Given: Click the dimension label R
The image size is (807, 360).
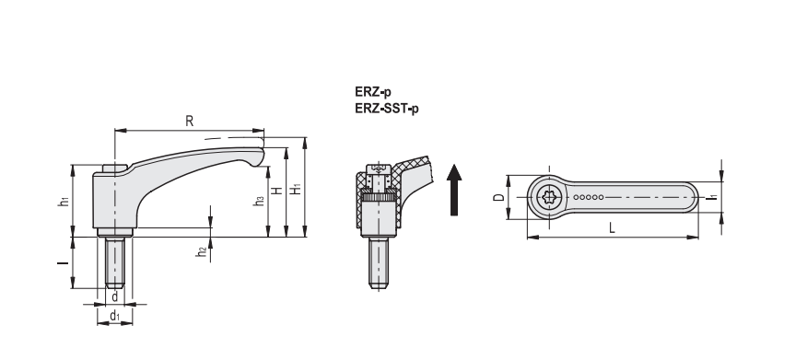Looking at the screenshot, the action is pyautogui.click(x=190, y=122).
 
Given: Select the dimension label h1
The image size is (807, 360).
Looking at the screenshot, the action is pyautogui.click(x=64, y=201).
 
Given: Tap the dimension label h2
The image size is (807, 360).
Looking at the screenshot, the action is pyautogui.click(x=201, y=251).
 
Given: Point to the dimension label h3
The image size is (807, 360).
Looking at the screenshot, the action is pyautogui.click(x=260, y=201).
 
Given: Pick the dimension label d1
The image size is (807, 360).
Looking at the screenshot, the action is pyautogui.click(x=115, y=316).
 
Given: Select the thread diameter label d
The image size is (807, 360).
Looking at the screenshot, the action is pyautogui.click(x=115, y=296).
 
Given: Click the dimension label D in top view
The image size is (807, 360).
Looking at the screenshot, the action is pyautogui.click(x=498, y=197).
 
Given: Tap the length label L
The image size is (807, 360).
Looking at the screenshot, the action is pyautogui.click(x=612, y=227).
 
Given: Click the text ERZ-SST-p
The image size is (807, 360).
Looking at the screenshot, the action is pyautogui.click(x=387, y=109).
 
